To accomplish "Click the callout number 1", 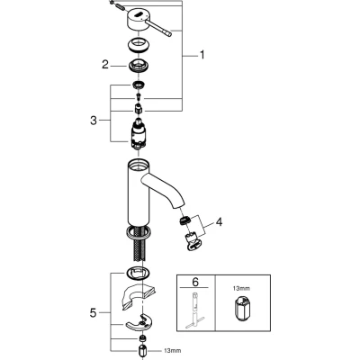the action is click(202, 55).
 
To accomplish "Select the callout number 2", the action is click(104, 65).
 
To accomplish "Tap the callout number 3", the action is click(94, 121).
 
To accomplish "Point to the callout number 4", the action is click(220, 222).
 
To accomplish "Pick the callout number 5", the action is click(94, 313).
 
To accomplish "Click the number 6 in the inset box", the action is click(195, 282).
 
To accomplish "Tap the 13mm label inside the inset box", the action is click(242, 289).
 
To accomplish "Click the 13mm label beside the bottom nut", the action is click(173, 350).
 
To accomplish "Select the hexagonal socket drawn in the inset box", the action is click(241, 309).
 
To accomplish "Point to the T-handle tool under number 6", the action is click(194, 309).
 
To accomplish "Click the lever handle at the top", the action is click(148, 23).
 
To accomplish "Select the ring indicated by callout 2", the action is click(139, 66).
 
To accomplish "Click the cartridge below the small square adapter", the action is click(138, 134).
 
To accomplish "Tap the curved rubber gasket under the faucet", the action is click(138, 299).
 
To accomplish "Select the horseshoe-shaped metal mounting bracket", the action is click(139, 323).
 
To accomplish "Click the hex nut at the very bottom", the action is click(142, 351).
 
